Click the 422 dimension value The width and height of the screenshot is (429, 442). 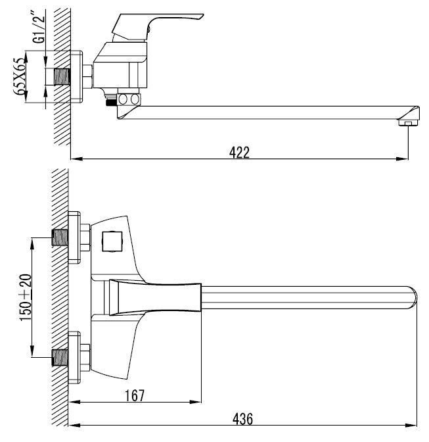239,153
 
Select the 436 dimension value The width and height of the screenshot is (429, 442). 242,419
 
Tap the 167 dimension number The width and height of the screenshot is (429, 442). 135,395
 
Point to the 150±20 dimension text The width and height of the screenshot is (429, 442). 26,297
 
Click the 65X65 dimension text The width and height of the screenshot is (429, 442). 19,76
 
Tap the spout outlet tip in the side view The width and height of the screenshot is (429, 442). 409,123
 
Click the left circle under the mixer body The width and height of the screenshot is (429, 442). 123,99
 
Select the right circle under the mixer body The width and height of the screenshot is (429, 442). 135,99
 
